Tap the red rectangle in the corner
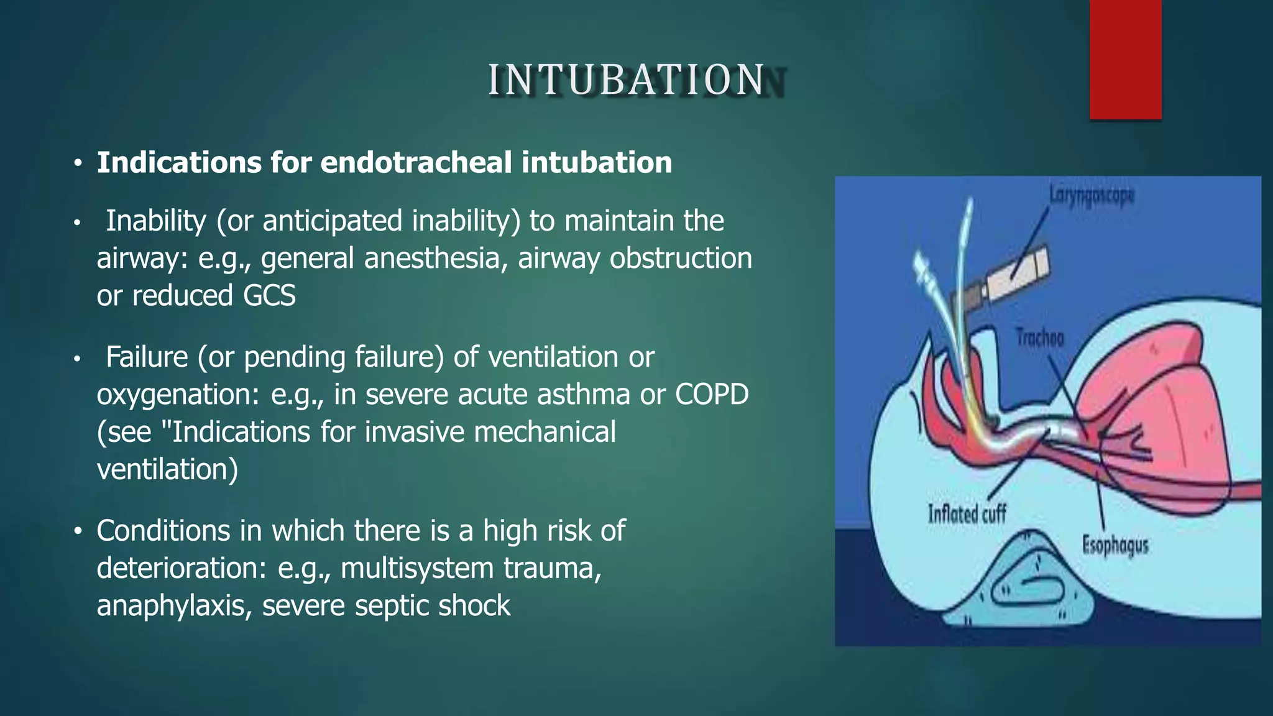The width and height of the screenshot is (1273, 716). pyautogui.click(x=1125, y=59)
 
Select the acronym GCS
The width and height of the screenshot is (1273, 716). pyautogui.click(x=269, y=295)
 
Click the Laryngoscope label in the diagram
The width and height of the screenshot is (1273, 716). pyautogui.click(x=1091, y=195)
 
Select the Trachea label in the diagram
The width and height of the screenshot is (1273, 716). pyautogui.click(x=1040, y=338)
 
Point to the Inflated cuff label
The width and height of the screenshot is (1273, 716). pyautogui.click(x=967, y=514)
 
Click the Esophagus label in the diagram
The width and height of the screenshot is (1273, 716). pyautogui.click(x=1115, y=545)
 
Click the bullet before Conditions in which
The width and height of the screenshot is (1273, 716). pyautogui.click(x=77, y=532)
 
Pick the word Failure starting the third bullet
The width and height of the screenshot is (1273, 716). pyautogui.click(x=147, y=357)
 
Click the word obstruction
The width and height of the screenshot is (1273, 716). pyautogui.click(x=681, y=258)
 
